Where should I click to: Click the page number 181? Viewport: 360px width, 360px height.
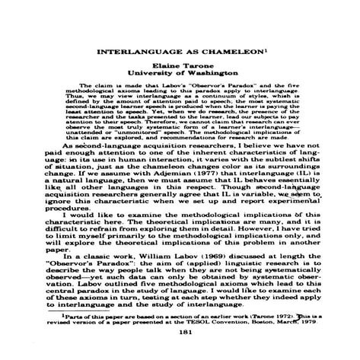(x=180, y=332)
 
